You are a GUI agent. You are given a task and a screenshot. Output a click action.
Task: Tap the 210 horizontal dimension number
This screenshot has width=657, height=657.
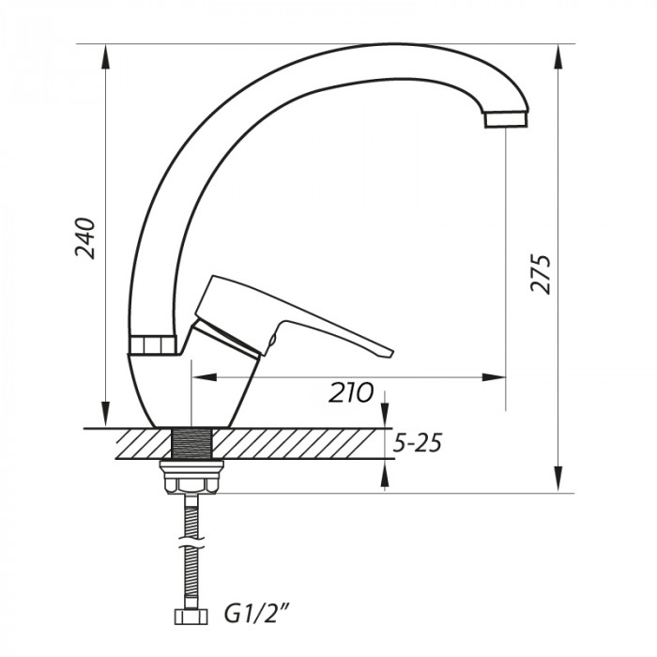point(351,392)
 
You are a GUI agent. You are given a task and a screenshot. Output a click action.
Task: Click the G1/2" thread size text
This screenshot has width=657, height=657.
point(255,617)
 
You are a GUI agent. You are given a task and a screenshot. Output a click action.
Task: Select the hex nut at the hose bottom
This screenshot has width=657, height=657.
point(191,617)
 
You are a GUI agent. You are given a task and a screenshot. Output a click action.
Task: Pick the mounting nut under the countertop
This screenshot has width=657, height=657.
point(191,479)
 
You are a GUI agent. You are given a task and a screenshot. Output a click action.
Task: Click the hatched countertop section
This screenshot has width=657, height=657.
point(282,443)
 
